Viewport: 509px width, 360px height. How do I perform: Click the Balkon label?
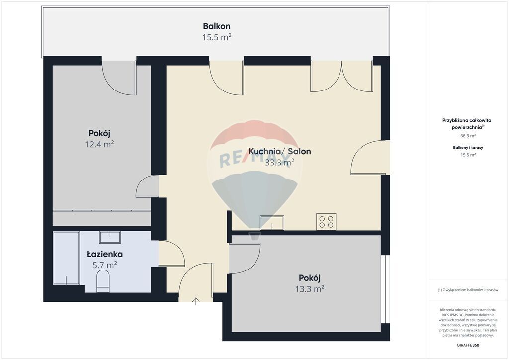coord(216,26)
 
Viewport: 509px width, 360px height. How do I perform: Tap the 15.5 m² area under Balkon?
coord(216,37)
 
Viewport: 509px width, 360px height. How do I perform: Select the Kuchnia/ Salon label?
coord(279,151)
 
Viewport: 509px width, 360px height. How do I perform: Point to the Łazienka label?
coord(104,254)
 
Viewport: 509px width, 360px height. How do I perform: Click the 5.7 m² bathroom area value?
coord(104,265)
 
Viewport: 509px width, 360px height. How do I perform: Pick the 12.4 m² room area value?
coord(99,144)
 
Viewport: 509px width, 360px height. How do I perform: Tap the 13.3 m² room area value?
coord(309,288)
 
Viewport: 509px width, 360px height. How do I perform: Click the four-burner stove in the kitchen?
coord(326,222)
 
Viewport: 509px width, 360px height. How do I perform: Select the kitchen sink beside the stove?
coord(272,223)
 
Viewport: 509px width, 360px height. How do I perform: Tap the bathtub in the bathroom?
coord(66,258)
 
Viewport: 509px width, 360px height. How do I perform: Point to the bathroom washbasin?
coord(110,237)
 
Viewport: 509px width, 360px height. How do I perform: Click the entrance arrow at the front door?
coord(196,300)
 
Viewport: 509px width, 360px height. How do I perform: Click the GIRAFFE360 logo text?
coord(468,345)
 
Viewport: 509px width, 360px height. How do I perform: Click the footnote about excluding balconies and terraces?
coord(468,290)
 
